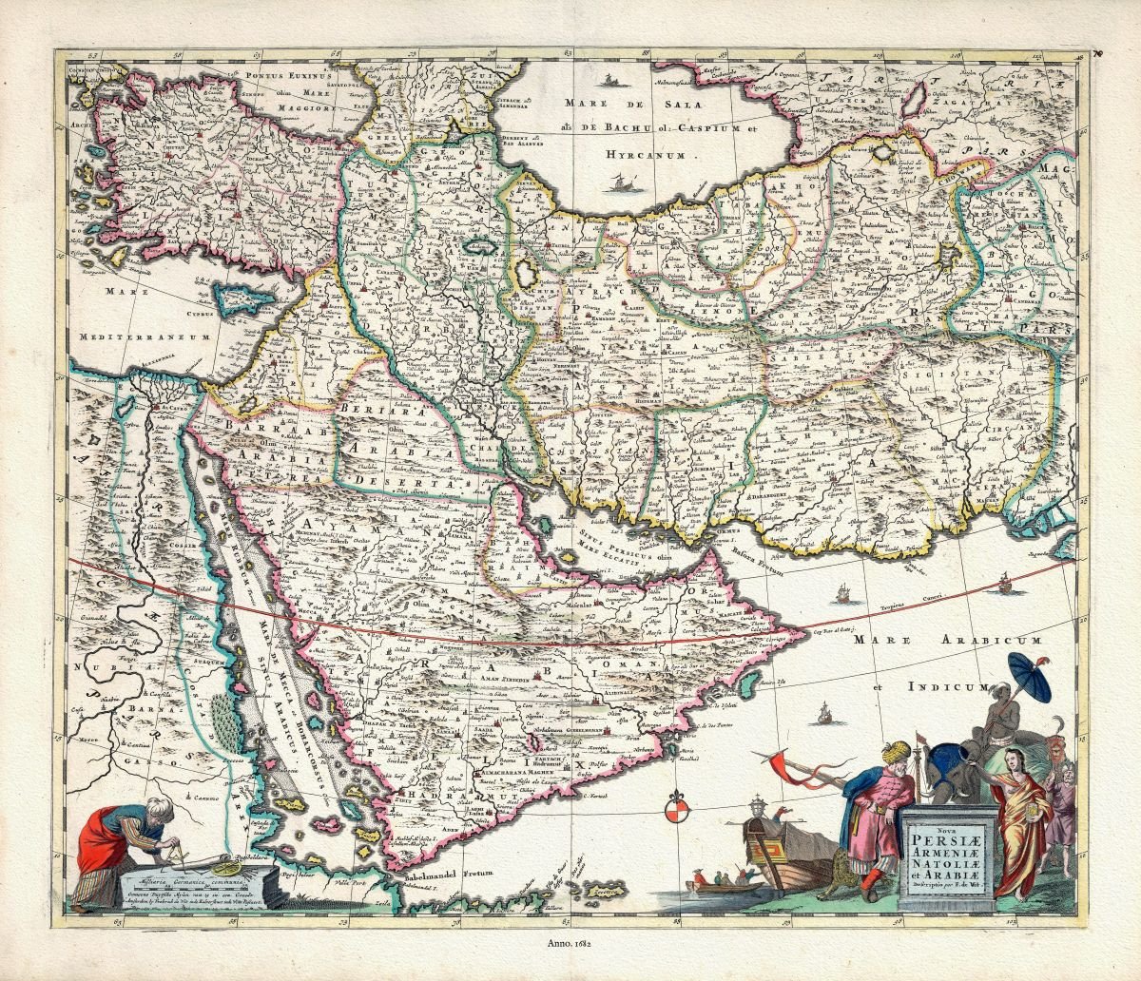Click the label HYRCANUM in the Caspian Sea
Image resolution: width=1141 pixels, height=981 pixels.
(655, 150)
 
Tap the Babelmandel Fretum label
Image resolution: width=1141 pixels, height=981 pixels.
(441, 878)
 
